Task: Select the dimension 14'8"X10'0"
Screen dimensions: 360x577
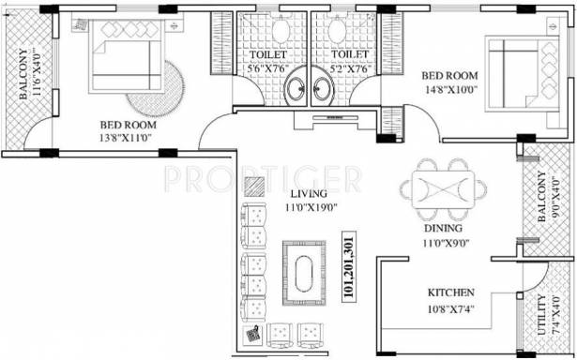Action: [x=450, y=89]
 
